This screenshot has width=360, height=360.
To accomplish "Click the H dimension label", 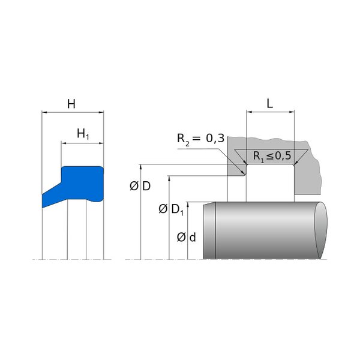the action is pyautogui.click(x=71, y=104).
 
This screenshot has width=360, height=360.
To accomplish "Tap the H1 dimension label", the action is pyautogui.click(x=83, y=134).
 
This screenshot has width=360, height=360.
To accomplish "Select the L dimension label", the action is pyautogui.click(x=270, y=104).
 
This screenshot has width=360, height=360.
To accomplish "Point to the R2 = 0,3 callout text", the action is pyautogui.click(x=200, y=139).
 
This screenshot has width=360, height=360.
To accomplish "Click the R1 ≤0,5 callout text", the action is pyautogui.click(x=272, y=156).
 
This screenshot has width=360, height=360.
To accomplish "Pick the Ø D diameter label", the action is pyautogui.click(x=140, y=186).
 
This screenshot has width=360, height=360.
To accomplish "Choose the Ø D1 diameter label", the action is pyautogui.click(x=171, y=209).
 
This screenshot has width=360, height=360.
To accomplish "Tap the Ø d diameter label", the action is pyautogui.click(x=186, y=237).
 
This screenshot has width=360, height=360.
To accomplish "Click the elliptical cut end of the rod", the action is pyautogui.click(x=321, y=230).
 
